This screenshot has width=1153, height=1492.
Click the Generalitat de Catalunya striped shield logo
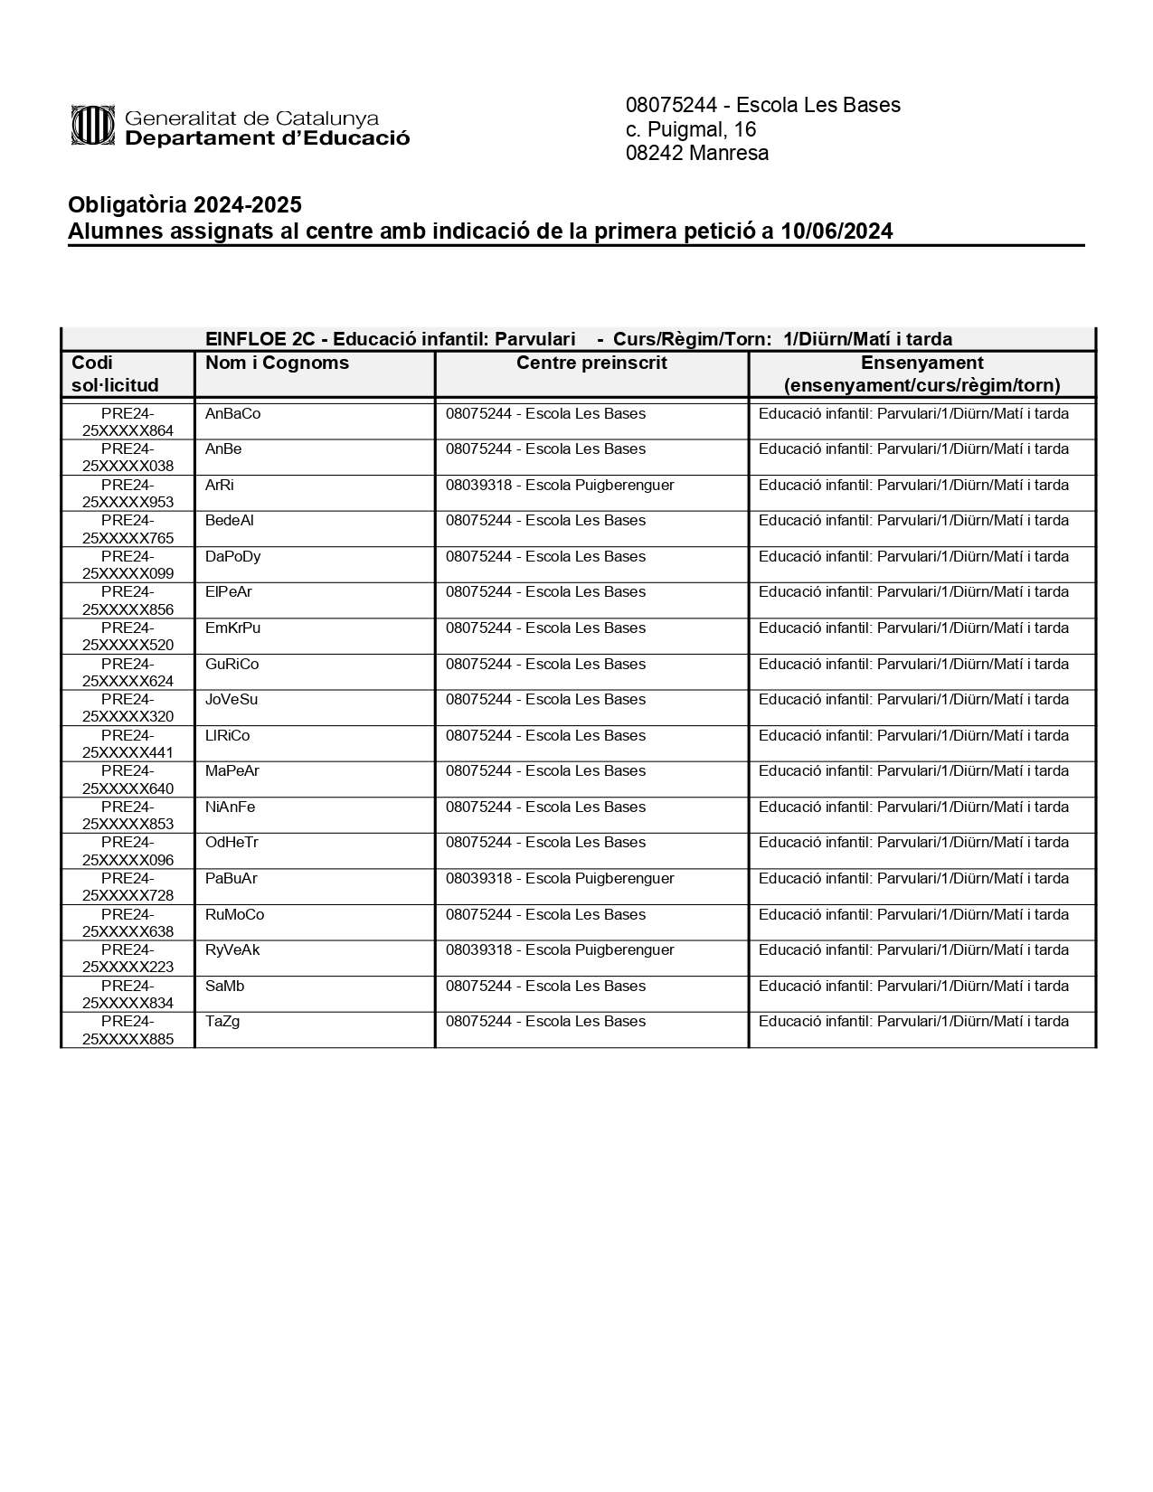[x=93, y=125]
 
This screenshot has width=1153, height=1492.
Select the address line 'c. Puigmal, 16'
[x=691, y=129]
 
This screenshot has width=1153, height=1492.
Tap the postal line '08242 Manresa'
[x=697, y=153]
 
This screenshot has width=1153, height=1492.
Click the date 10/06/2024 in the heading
[x=836, y=231]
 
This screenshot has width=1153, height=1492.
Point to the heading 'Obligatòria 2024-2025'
[x=184, y=205]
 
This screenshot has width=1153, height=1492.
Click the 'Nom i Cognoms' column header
[x=277, y=363]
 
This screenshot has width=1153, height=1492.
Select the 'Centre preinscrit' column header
[x=591, y=363]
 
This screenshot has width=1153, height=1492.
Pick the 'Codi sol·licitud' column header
[x=115, y=373]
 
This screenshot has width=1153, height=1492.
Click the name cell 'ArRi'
[x=220, y=485]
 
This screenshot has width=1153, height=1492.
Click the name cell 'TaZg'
[x=222, y=1021]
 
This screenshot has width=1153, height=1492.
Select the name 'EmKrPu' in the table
[x=232, y=628]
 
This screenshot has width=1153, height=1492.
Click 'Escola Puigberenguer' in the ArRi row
[x=600, y=485]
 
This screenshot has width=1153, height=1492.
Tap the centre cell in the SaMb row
[x=545, y=986]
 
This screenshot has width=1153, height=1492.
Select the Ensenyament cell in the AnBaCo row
[x=913, y=413]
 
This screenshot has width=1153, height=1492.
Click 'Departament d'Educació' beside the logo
[x=267, y=138]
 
